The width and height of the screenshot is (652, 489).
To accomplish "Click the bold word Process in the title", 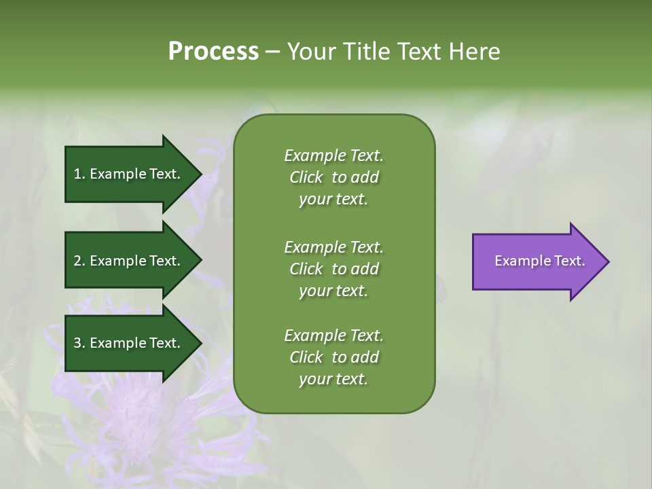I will click(x=213, y=52).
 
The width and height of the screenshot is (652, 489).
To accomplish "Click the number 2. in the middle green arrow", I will click(x=79, y=261).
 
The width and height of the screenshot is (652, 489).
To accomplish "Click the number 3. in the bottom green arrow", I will click(x=79, y=343).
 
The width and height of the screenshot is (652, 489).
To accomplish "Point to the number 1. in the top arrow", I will click(x=79, y=174).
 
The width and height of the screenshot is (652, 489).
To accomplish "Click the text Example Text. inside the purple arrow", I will click(x=540, y=261).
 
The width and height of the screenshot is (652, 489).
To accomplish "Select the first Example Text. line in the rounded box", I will click(x=333, y=156).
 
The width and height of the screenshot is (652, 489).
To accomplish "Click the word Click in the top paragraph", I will click(x=306, y=177).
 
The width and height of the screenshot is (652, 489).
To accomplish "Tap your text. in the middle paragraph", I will click(x=333, y=291).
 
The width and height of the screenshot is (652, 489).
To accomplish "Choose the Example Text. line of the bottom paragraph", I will click(x=333, y=336).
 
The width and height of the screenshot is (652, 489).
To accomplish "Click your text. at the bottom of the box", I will click(x=333, y=379).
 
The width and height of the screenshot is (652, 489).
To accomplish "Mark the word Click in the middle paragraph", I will click(x=306, y=269).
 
